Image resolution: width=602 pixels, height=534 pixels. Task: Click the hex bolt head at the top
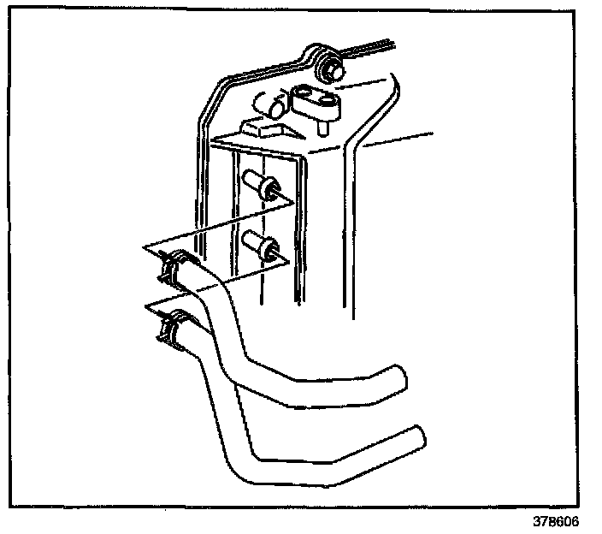click(x=328, y=68)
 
